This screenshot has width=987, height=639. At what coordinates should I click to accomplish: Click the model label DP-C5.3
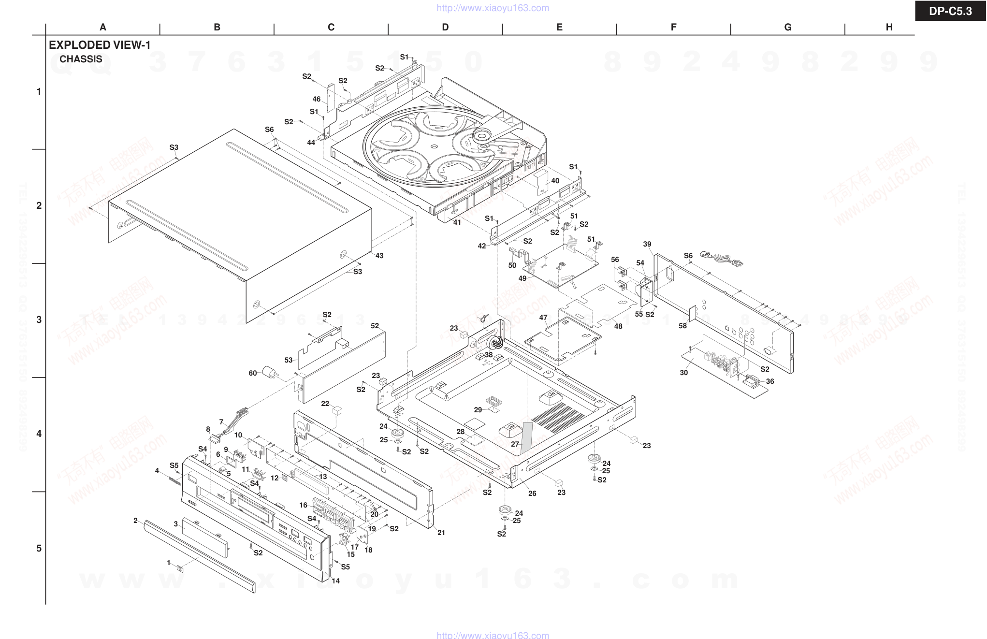click(950, 11)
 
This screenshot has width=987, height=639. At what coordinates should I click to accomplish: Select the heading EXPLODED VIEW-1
click(100, 45)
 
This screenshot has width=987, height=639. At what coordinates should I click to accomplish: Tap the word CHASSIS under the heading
click(81, 59)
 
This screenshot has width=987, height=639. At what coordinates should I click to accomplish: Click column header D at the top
click(445, 28)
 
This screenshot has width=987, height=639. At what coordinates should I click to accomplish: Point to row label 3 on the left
click(39, 319)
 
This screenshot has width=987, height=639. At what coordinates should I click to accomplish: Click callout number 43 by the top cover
click(379, 256)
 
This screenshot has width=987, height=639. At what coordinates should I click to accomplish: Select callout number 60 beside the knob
click(253, 373)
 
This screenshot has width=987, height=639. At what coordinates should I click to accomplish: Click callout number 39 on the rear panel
click(647, 244)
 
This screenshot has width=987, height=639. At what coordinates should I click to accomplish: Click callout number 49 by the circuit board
click(522, 278)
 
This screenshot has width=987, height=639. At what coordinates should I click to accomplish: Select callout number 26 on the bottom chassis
click(532, 494)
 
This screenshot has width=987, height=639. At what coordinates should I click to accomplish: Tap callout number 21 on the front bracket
click(441, 533)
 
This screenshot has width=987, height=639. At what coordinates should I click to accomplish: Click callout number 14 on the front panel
click(335, 581)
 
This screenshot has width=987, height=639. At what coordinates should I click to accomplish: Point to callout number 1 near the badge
click(169, 563)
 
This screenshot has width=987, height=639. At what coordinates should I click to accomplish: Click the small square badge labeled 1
click(180, 568)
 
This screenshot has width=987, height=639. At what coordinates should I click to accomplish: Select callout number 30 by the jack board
click(683, 373)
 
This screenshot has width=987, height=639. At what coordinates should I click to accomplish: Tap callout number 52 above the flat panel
click(375, 326)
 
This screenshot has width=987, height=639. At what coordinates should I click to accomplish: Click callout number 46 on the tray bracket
click(317, 99)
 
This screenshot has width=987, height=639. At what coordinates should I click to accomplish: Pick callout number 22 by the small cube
click(325, 404)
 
